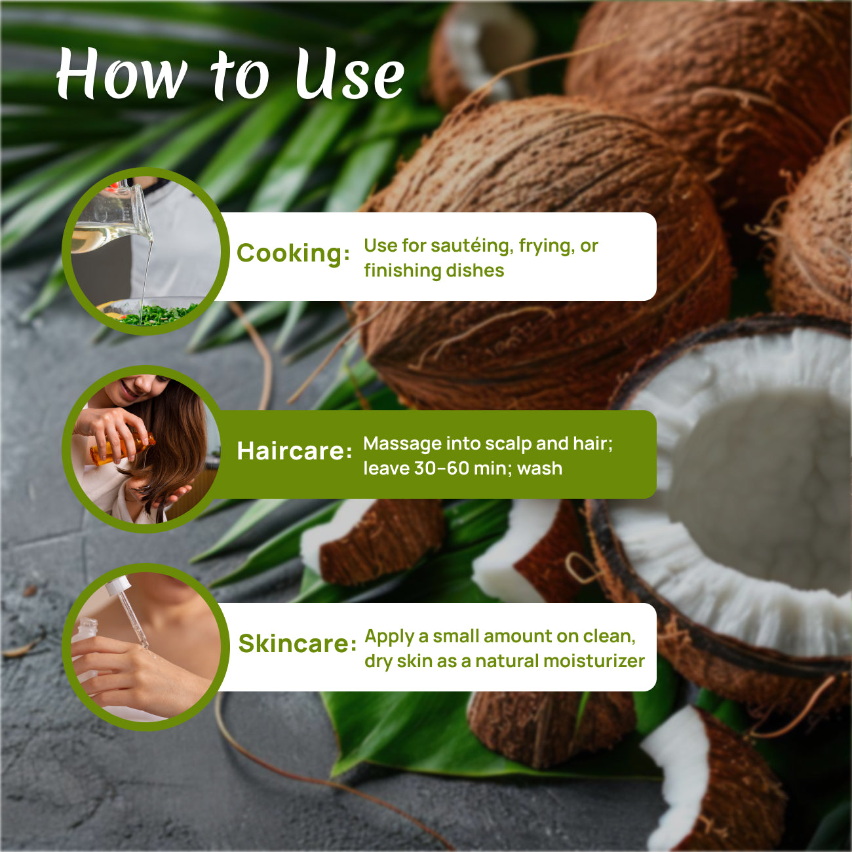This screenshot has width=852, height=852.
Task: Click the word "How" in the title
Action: coord(121,75)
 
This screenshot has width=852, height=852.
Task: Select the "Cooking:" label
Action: coord(293,253)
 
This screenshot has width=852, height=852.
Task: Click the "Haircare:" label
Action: coord(294,451)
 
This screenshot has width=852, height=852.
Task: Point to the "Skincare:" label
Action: coord(297,644)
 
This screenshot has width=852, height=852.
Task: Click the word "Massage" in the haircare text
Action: coord(402,444)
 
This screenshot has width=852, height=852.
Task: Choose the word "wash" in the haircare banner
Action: coord(539,469)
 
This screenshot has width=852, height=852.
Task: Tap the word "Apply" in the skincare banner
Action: coord(389,636)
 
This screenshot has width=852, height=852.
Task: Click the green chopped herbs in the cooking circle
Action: coord(157,314)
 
